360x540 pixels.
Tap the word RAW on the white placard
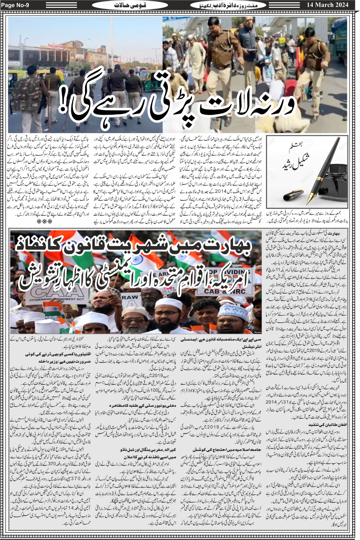point(130,297)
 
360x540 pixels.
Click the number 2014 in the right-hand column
point(271,402)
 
